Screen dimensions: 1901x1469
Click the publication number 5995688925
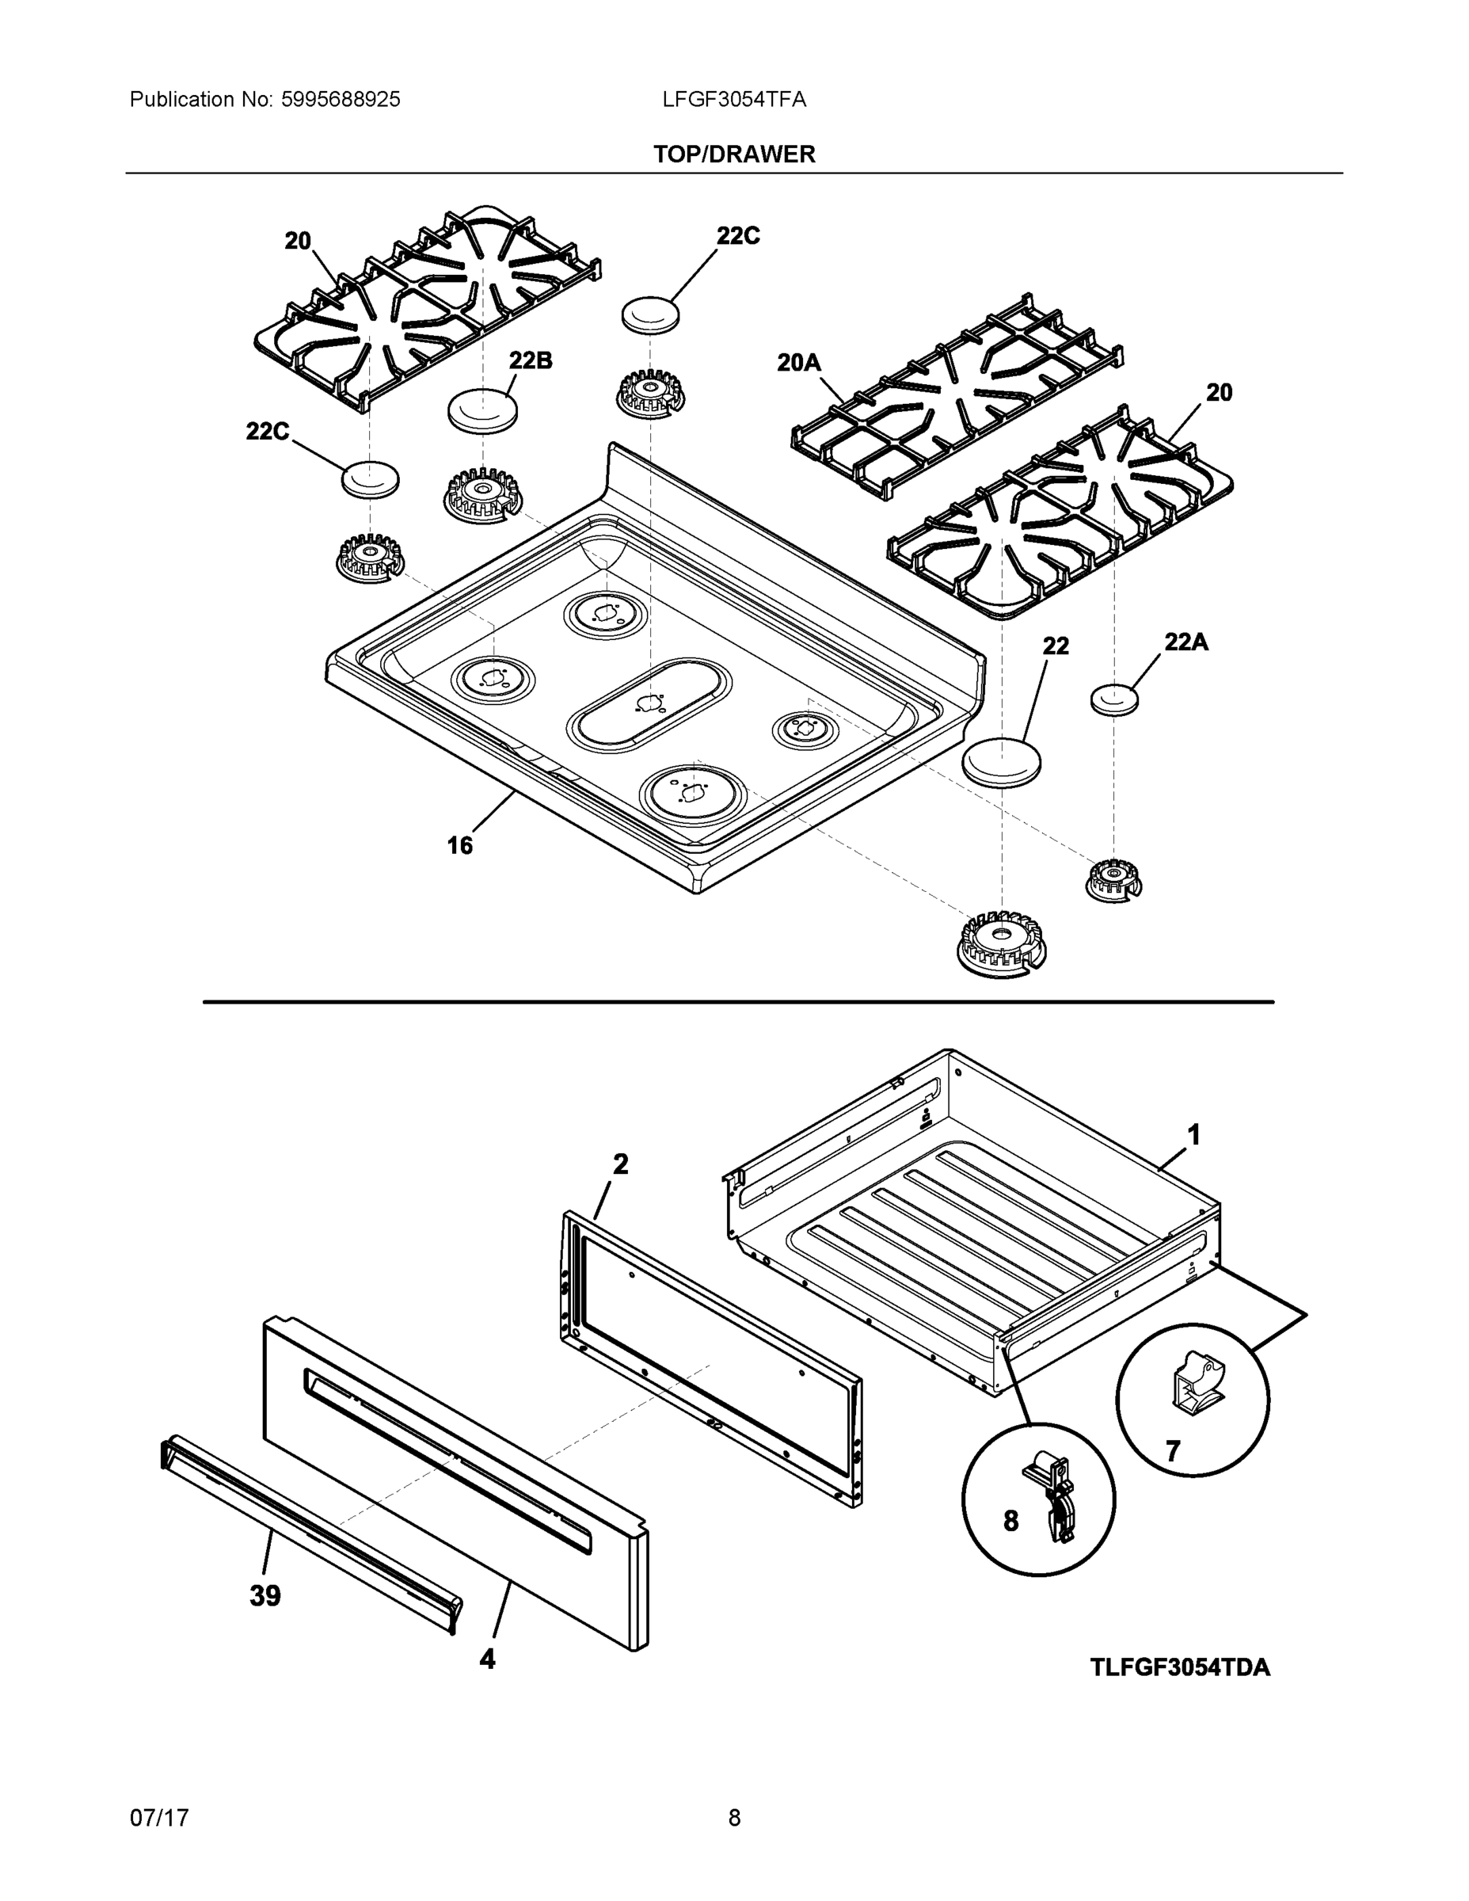pyautogui.click(x=341, y=99)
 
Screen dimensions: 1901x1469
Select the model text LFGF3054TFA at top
pyautogui.click(x=733, y=99)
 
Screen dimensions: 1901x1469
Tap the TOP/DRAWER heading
pyautogui.click(x=733, y=154)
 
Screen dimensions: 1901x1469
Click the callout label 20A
pyautogui.click(x=798, y=362)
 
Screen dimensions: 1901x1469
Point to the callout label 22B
pyautogui.click(x=530, y=360)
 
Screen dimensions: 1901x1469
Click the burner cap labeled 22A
pyautogui.click(x=1114, y=699)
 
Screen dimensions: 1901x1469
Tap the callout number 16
pyautogui.click(x=459, y=845)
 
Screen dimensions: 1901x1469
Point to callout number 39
pyautogui.click(x=265, y=1595)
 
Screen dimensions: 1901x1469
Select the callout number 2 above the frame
pyautogui.click(x=619, y=1164)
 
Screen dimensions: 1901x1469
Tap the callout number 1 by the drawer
pyautogui.click(x=1194, y=1135)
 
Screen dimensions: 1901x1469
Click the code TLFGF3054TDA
pyautogui.click(x=1180, y=1667)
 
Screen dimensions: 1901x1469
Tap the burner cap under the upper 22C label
pyautogui.click(x=650, y=314)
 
